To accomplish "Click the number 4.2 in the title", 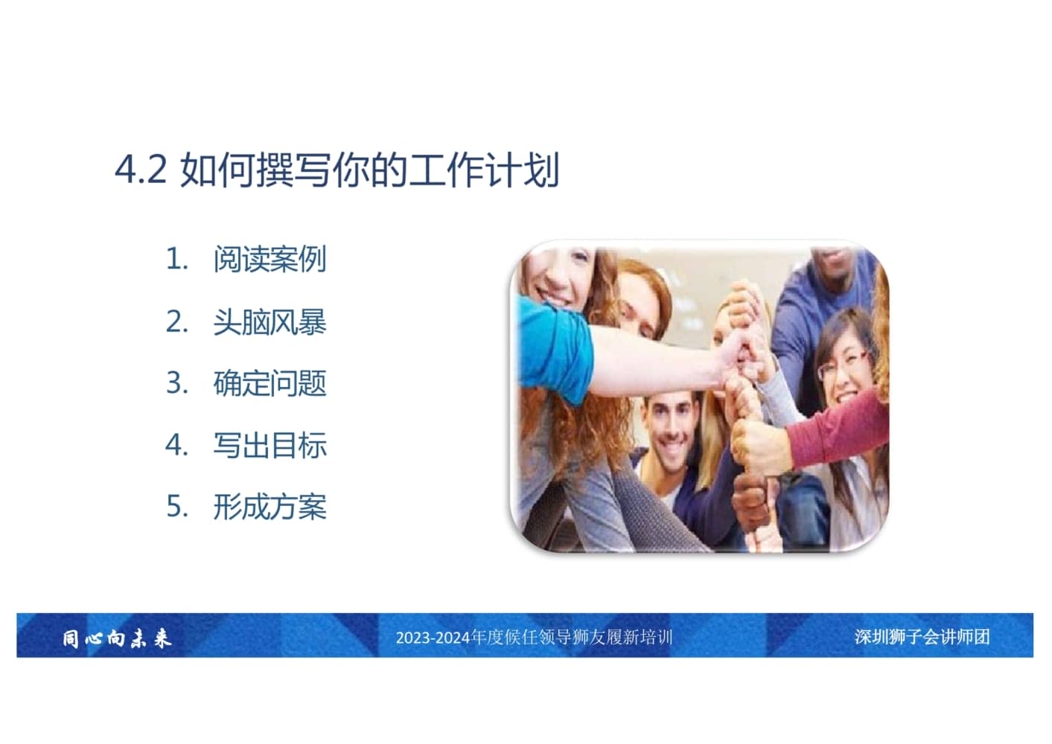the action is coord(141,170).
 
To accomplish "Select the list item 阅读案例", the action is coord(270,259).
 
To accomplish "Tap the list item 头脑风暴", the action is coord(270,322).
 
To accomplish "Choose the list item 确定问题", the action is coord(270,383).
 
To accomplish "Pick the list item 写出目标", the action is coord(270,445).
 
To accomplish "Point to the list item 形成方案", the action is coord(270,507).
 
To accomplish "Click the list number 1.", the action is coord(177,259).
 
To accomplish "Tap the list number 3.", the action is coord(177,383).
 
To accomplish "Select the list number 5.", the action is coord(177,507).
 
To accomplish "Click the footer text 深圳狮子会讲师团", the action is coord(922,637).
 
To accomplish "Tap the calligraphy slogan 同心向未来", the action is coord(117,639).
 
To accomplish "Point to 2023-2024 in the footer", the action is coord(433,638).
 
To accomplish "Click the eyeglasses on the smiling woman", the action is coord(841,365).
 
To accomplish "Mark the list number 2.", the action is coord(177,322).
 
